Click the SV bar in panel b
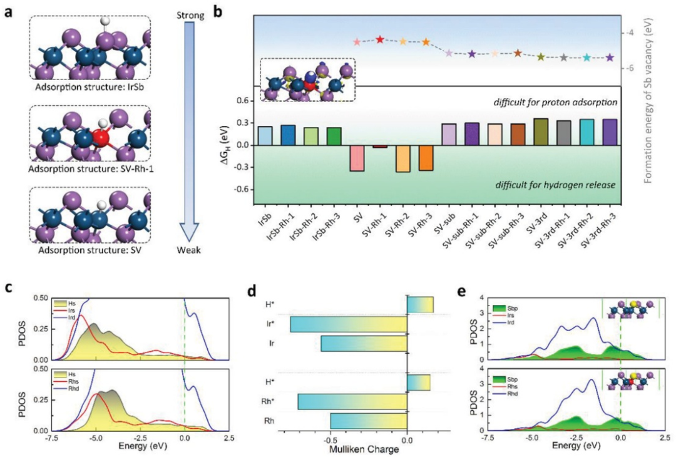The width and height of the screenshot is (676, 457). pyautogui.click(x=357, y=158)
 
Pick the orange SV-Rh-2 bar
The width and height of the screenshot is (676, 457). pyautogui.click(x=403, y=159)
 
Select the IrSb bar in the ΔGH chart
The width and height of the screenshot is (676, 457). pyautogui.click(x=265, y=136)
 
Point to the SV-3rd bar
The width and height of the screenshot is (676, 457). pyautogui.click(x=541, y=132)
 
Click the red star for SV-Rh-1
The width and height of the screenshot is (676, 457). pyautogui.click(x=380, y=39)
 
